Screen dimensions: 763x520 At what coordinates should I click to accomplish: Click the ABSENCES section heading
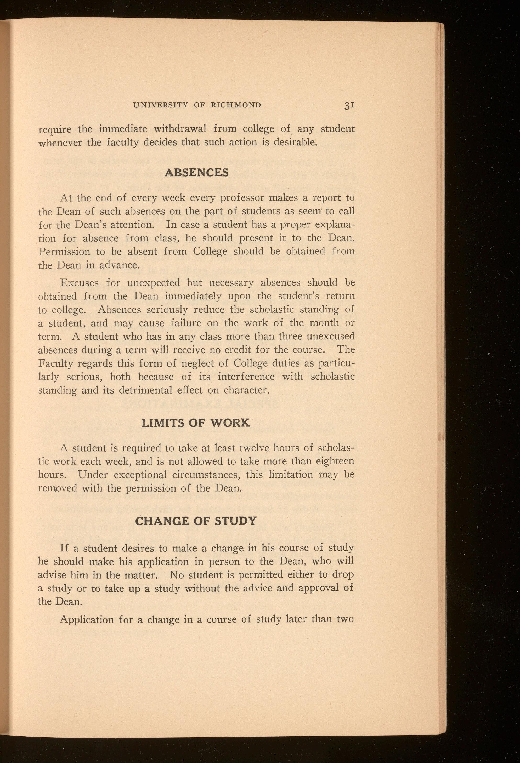196,172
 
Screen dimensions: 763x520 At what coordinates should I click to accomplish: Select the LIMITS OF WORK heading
195,423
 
